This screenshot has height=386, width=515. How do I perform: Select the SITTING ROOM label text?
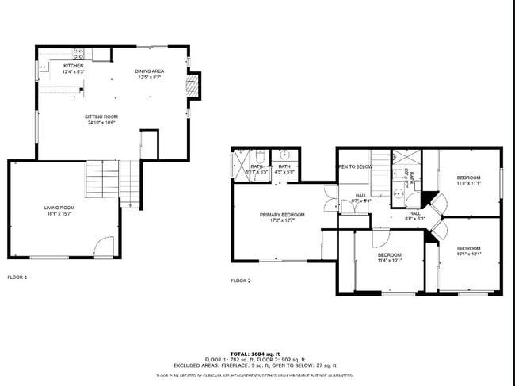click(x=101, y=120)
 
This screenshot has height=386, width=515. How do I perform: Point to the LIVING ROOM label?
click(x=59, y=210)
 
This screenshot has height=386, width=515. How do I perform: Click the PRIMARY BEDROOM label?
click(x=282, y=217)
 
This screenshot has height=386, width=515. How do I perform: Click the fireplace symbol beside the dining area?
click(x=191, y=86)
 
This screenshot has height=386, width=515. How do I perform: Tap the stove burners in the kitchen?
click(x=79, y=54)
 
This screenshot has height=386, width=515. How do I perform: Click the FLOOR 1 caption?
click(x=17, y=277)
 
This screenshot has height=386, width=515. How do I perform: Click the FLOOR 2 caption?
click(x=241, y=281)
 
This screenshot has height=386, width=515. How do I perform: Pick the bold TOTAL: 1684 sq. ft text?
click(x=251, y=354)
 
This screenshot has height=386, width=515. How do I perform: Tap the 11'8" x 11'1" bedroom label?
click(x=468, y=180)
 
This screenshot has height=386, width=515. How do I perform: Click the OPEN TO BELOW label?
click(x=355, y=166)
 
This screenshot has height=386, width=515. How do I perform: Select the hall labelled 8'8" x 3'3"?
click(x=415, y=216)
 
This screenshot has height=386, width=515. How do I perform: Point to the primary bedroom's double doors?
click(x=330, y=199)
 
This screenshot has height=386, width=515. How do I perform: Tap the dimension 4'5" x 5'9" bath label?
click(x=284, y=169)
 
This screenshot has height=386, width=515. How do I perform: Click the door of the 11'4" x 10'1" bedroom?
click(x=380, y=237)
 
